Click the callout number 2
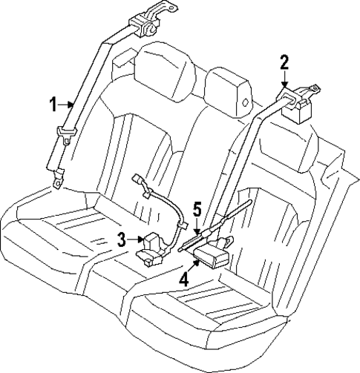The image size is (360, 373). click(284, 62)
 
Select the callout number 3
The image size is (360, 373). click(120, 239)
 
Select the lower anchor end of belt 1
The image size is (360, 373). click(57, 178)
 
